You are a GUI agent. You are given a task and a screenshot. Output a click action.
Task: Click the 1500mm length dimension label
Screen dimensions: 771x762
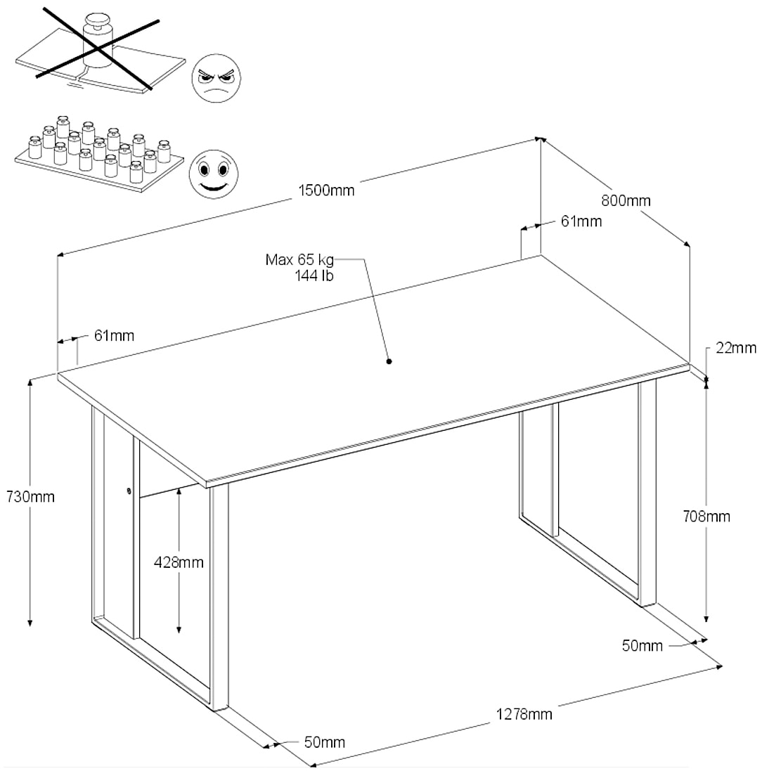pos(326,190)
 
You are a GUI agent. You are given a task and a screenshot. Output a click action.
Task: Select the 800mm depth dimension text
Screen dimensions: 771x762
pos(626,200)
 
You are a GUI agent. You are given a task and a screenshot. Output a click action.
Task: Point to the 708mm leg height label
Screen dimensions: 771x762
pos(706,517)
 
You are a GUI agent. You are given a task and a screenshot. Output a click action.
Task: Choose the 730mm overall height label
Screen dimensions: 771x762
pos(30,496)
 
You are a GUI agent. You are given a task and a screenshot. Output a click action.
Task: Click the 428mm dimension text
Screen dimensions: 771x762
pos(179,562)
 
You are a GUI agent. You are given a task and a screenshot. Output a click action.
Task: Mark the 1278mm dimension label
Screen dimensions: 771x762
pos(524,715)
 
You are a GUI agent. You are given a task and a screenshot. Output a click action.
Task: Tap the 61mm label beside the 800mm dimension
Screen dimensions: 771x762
pos(581,221)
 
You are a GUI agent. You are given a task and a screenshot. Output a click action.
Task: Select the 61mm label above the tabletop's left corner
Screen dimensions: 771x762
pos(114,336)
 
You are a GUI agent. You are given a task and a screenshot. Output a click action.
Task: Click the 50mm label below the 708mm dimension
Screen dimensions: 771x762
pos(642,646)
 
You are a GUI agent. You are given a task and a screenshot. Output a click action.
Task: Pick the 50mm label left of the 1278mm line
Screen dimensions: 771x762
pos(324,742)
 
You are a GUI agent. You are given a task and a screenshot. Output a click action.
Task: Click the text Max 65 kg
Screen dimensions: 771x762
pos(299,259)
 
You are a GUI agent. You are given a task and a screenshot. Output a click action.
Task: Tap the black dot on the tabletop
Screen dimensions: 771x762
pos(389,362)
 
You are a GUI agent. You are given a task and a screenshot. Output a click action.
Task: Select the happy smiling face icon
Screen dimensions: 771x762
pos(213,172)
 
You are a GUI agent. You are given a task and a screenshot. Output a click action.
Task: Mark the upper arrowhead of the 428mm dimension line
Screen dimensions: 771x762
pos(179,493)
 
